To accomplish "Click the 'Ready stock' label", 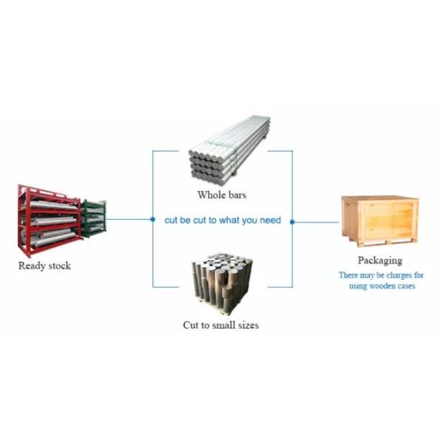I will [44, 266].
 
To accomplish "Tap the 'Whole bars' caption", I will [221, 195].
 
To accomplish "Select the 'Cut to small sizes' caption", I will [221, 325].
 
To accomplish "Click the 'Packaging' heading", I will [380, 260].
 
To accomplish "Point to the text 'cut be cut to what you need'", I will [223, 221].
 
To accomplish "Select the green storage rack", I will [94, 217].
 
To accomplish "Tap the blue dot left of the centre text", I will [152, 220].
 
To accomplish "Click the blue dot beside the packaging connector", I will [292, 221].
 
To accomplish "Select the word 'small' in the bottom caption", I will [224, 325].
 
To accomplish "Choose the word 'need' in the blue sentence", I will [269, 221].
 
